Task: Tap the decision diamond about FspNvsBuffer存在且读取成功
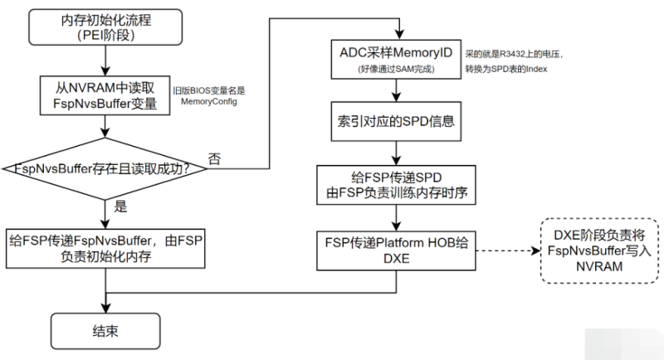coord(105,168)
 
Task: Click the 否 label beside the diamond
coord(214,158)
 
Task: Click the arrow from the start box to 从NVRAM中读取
coord(105,61)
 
